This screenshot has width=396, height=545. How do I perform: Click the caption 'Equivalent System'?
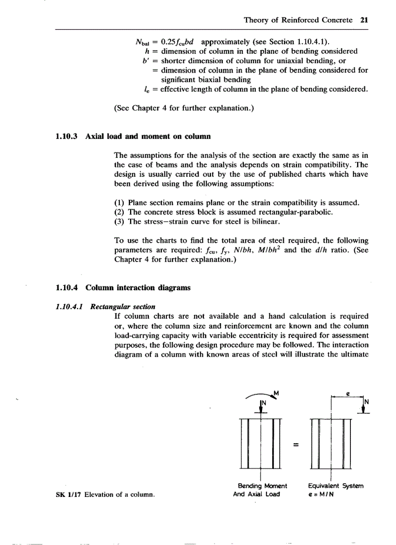point(335,486)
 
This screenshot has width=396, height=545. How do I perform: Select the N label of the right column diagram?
point(366,401)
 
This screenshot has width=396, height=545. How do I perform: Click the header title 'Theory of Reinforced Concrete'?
point(298,20)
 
